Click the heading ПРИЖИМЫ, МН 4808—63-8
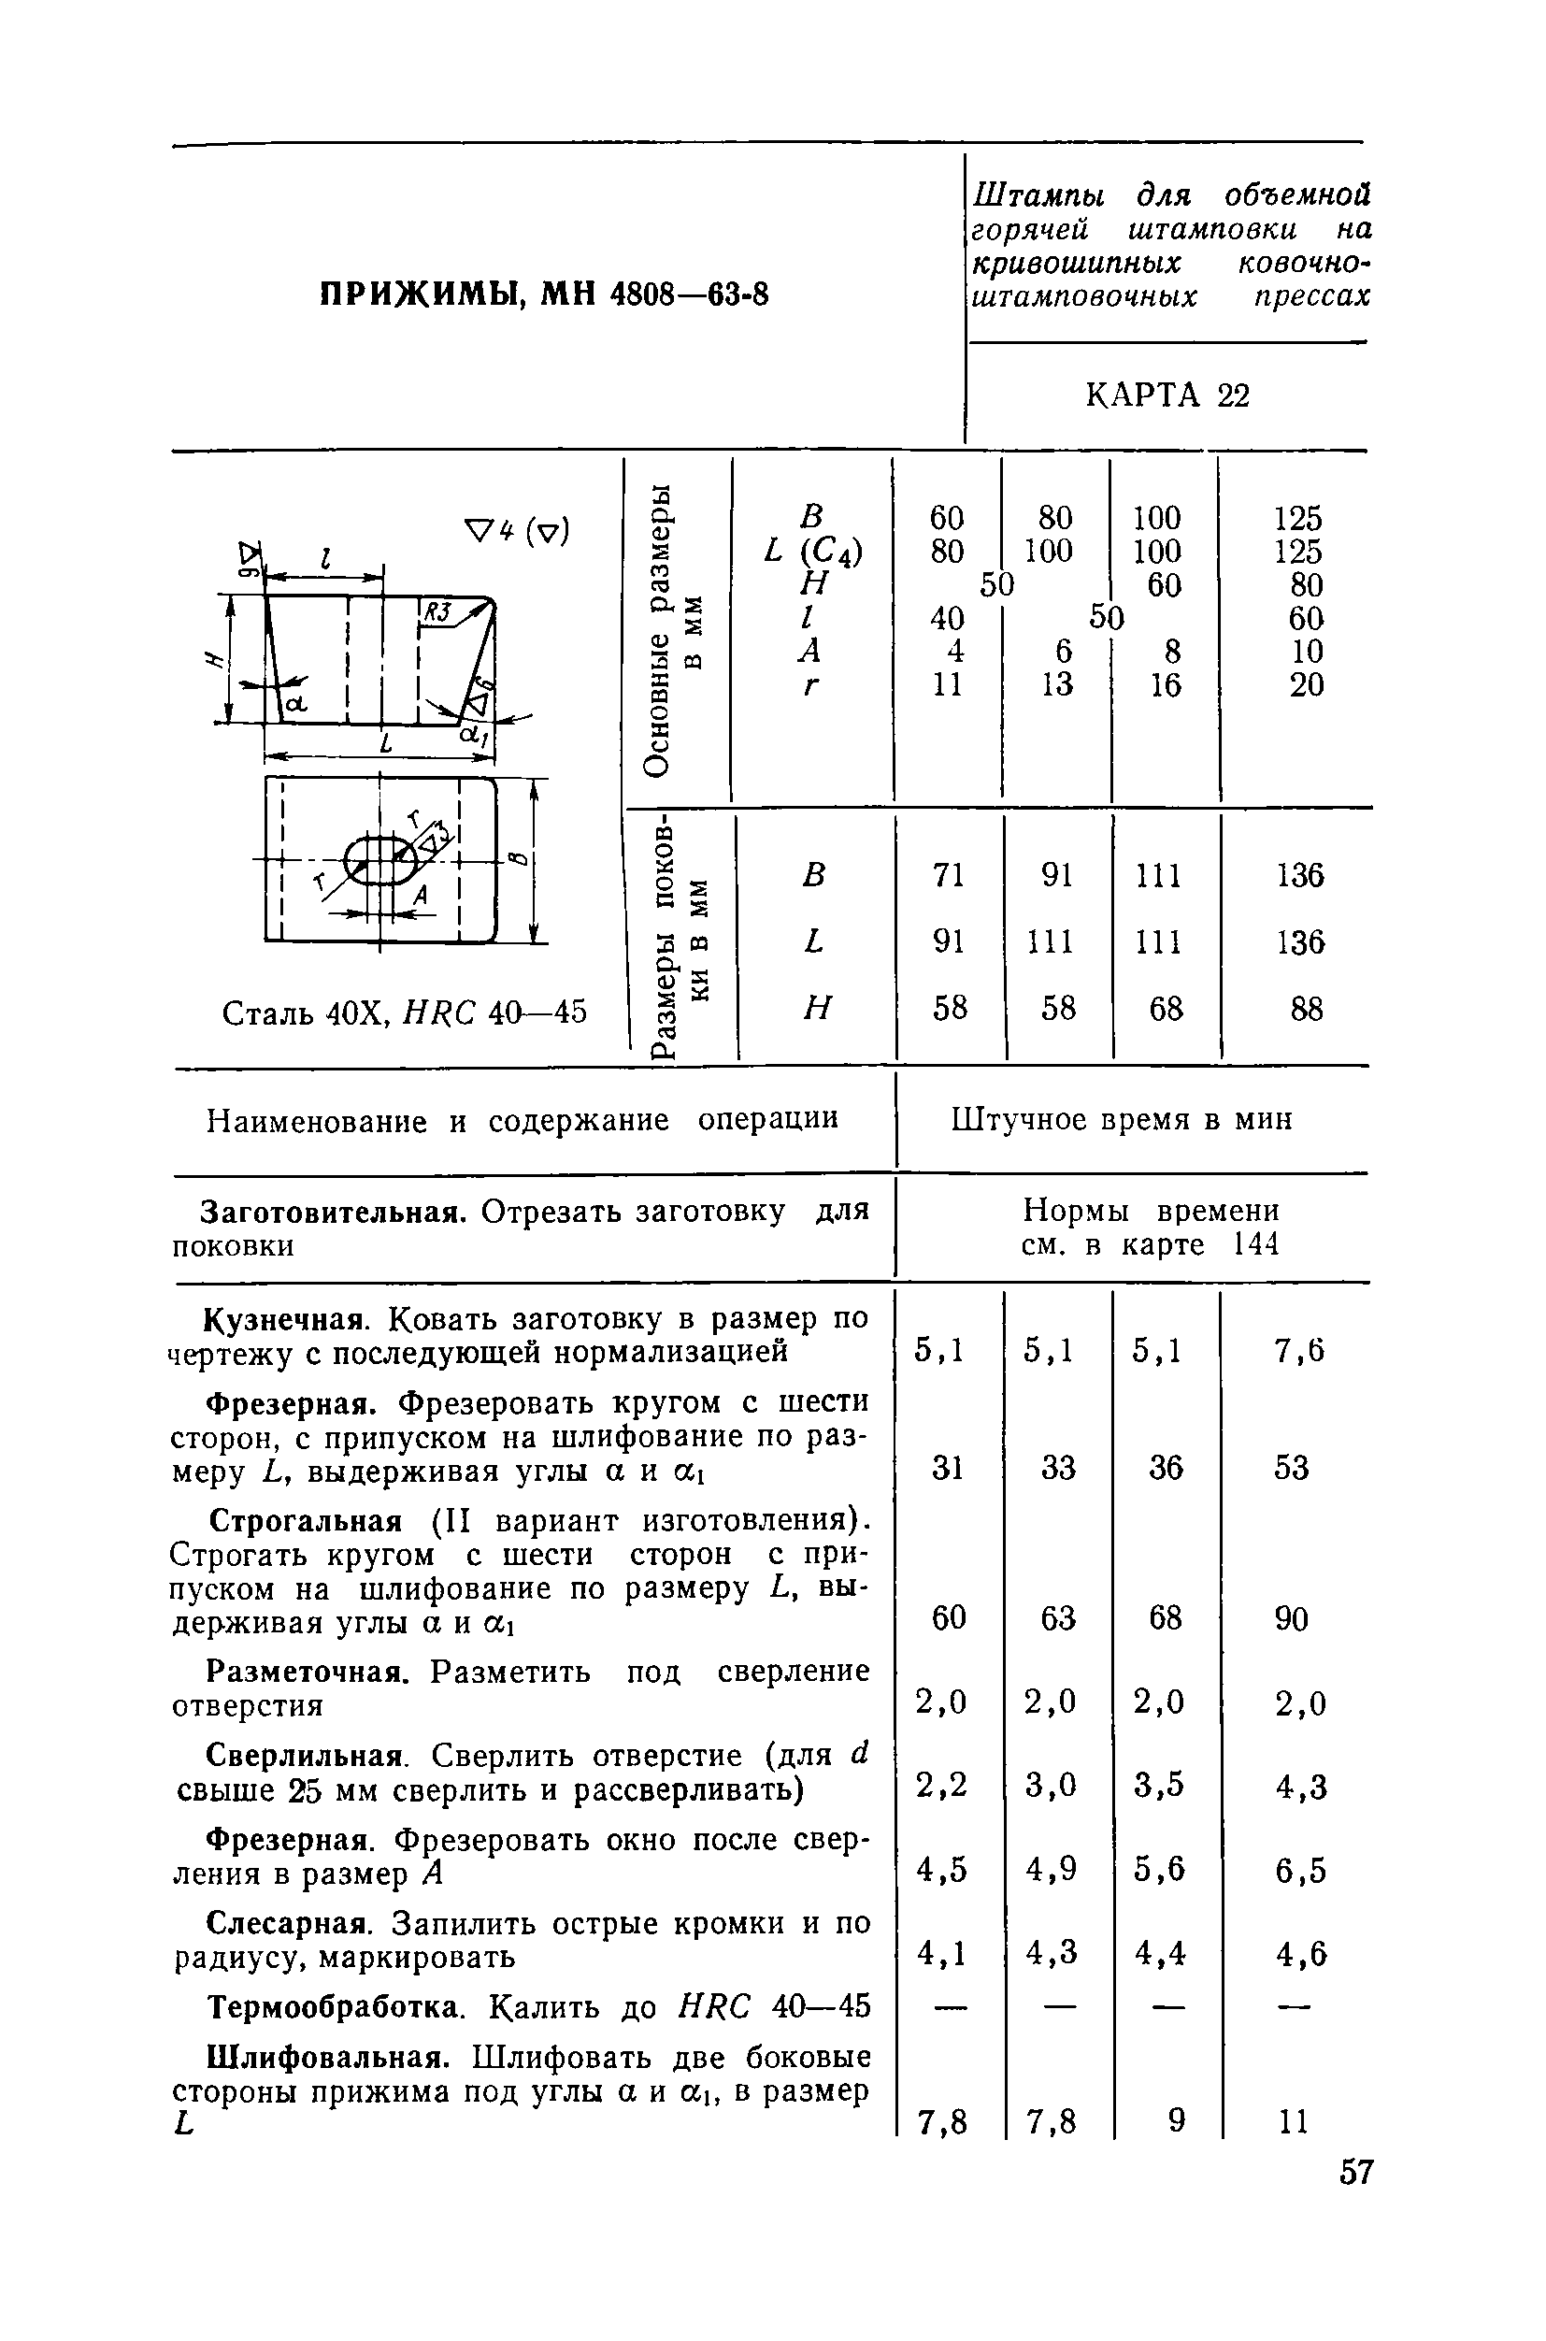click(x=544, y=294)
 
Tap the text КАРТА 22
click(x=1167, y=395)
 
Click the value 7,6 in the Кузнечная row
click(x=1299, y=1351)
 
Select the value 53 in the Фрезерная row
click(x=1291, y=1469)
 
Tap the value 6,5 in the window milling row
click(x=1300, y=1870)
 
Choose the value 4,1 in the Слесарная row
click(x=941, y=1952)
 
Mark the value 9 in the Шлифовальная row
click(x=1176, y=2120)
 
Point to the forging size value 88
click(x=1306, y=1009)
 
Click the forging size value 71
click(x=948, y=875)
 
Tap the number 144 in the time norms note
click(x=1255, y=1244)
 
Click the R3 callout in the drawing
click(x=435, y=612)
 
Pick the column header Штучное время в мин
click(x=1121, y=1120)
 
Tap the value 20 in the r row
click(x=1306, y=684)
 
